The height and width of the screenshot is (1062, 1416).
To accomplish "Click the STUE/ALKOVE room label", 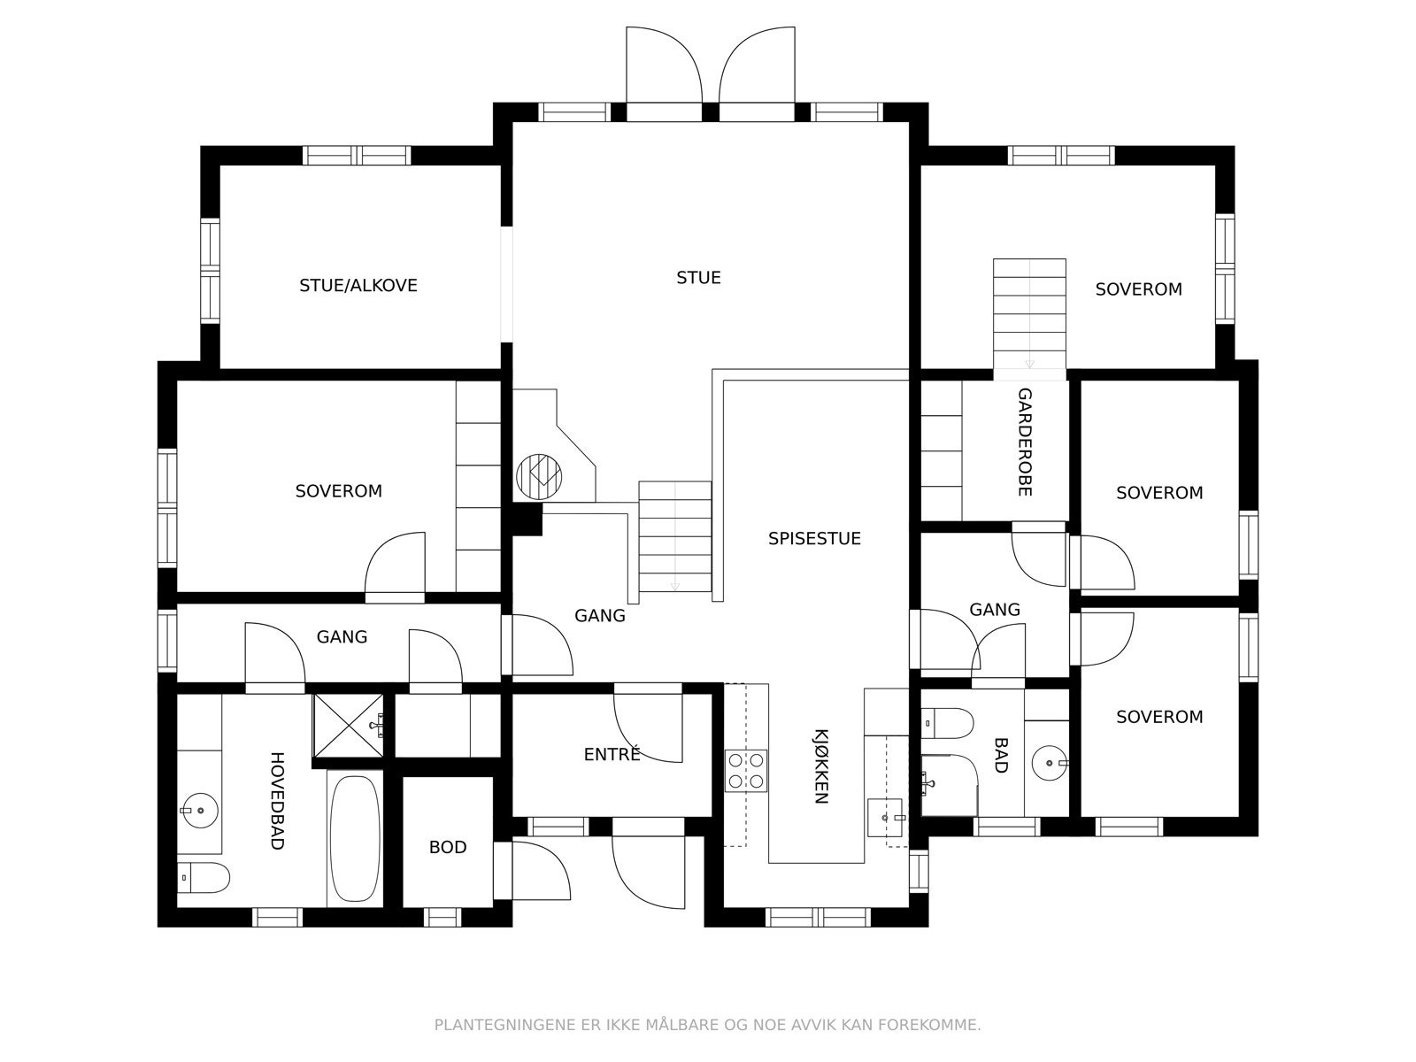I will pyautogui.click(x=358, y=286).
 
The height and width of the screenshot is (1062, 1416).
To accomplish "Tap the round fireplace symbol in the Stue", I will pyautogui.click(x=539, y=476).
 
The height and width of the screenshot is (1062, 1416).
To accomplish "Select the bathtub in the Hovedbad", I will pyautogui.click(x=355, y=837).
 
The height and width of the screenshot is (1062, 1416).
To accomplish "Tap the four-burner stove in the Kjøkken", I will pyautogui.click(x=745, y=770).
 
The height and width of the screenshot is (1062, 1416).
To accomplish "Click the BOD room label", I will pyautogui.click(x=447, y=848).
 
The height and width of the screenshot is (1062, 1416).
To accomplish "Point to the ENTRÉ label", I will pyautogui.click(x=612, y=755).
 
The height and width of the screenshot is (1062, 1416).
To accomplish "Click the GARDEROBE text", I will pyautogui.click(x=1024, y=442).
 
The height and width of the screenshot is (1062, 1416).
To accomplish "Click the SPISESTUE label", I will pyautogui.click(x=813, y=539).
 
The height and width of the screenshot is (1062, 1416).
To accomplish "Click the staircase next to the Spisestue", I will pyautogui.click(x=675, y=536).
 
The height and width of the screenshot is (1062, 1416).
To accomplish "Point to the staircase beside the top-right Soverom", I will pyautogui.click(x=1029, y=313).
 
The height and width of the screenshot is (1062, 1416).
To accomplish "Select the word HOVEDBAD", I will pyautogui.click(x=276, y=800).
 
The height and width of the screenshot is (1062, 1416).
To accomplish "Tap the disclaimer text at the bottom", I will pyautogui.click(x=707, y=1026).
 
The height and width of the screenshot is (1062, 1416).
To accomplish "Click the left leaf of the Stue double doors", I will pyautogui.click(x=664, y=66).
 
